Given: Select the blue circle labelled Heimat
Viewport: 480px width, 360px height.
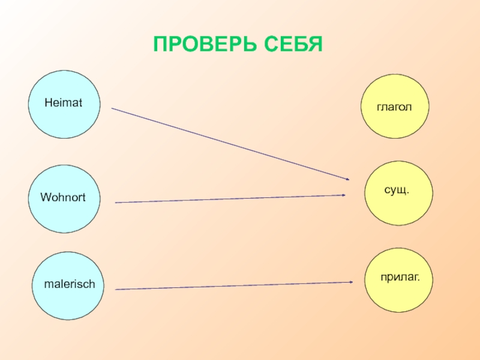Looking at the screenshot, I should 64,104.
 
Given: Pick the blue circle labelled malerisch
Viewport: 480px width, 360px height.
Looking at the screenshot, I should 68,285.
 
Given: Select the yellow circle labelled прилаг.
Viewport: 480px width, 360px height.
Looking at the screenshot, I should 399,280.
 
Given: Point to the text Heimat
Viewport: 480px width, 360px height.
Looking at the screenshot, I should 63,104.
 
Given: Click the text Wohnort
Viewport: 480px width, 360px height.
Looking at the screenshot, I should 62,197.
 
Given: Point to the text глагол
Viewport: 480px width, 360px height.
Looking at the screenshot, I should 394,107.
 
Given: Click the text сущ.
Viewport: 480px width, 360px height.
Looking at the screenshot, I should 396,190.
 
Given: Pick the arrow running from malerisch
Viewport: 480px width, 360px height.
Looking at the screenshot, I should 234,286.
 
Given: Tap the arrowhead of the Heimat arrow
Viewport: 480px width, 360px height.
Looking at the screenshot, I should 347,179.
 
